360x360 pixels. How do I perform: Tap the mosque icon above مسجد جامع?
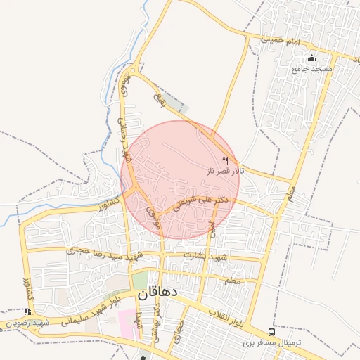click(312, 58)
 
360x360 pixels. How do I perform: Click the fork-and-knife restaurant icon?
click(225, 160)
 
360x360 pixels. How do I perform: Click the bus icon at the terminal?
click(271, 332)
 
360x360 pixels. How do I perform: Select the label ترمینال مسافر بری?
click(272, 343)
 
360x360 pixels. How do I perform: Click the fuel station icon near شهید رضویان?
click(27, 311)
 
